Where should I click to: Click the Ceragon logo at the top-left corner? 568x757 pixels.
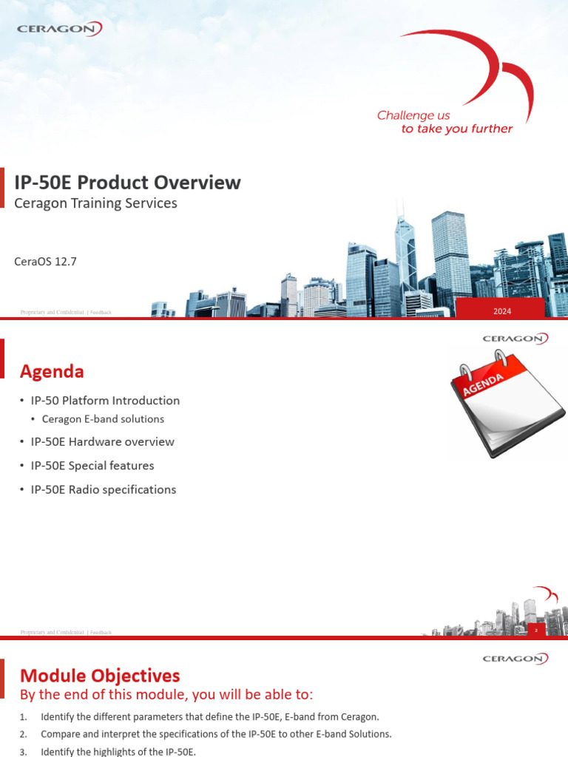[59, 29]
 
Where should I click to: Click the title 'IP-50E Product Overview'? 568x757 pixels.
[128, 182]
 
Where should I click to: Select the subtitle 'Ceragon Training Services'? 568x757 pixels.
[96, 203]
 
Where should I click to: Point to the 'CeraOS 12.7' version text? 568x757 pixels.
[46, 262]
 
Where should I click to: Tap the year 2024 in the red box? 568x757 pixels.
[502, 311]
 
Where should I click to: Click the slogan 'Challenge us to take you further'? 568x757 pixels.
[444, 122]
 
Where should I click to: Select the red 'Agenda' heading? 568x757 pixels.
[52, 371]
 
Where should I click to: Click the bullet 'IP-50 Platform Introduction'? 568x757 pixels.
[104, 401]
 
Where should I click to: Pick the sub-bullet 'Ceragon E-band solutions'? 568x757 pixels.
[103, 419]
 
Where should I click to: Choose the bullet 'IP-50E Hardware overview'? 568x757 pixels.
[102, 442]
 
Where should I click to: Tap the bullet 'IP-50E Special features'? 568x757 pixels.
[92, 466]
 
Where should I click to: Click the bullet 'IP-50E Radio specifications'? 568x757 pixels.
[103, 489]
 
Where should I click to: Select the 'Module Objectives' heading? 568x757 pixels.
[100, 675]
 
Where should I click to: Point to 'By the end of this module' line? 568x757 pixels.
[166, 695]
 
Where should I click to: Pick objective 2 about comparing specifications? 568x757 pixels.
[216, 734]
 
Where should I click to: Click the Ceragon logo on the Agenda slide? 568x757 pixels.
[515, 339]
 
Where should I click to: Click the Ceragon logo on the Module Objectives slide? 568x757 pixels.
[515, 658]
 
